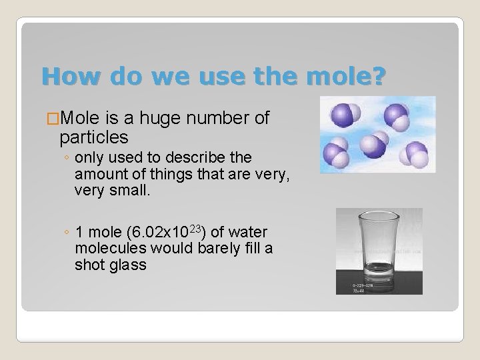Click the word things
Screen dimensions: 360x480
189,175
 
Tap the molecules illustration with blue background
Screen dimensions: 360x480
377,134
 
